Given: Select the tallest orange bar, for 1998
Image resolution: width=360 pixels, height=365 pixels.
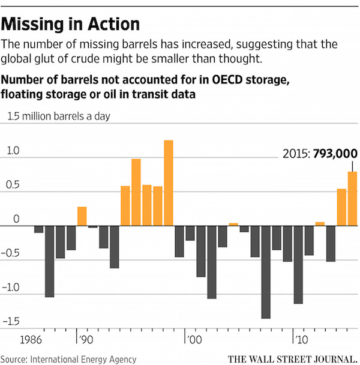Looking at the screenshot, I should (169, 182).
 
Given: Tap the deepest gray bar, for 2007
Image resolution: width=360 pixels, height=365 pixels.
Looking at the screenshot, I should (266, 271).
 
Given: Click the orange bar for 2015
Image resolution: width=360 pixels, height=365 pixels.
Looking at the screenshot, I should (353, 199).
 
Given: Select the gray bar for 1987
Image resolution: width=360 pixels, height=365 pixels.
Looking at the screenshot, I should (50, 261).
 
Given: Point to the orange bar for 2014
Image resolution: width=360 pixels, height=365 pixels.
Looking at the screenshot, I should (341, 207).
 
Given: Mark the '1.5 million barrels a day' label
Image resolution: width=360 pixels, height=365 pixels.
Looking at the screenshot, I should (58, 116).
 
